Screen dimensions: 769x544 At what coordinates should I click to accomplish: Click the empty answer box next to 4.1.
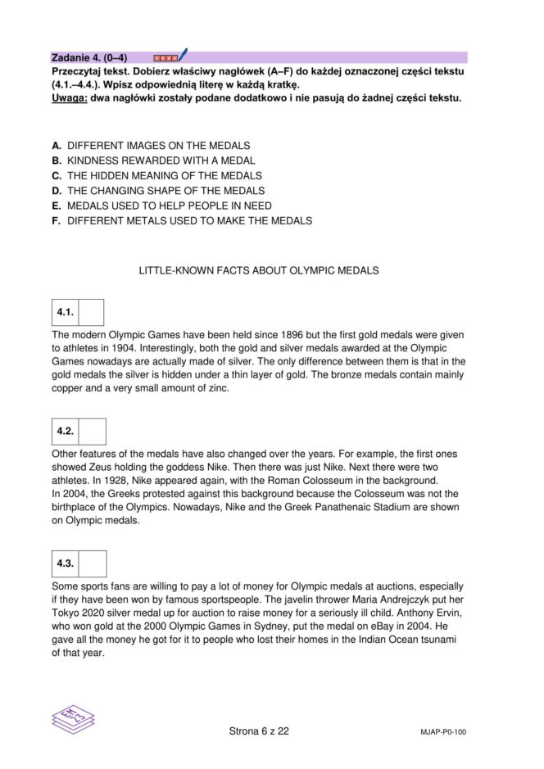click(91, 312)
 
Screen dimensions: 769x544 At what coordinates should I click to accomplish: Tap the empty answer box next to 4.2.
click(93, 432)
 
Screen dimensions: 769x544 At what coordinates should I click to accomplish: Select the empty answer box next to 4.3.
click(93, 563)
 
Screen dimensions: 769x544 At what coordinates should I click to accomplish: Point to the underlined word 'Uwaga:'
click(70, 98)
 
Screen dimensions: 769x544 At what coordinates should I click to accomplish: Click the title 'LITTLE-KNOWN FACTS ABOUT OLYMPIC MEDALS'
click(259, 270)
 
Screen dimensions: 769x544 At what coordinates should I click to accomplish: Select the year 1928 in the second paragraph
click(111, 480)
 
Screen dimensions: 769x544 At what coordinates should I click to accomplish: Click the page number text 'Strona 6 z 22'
click(259, 731)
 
